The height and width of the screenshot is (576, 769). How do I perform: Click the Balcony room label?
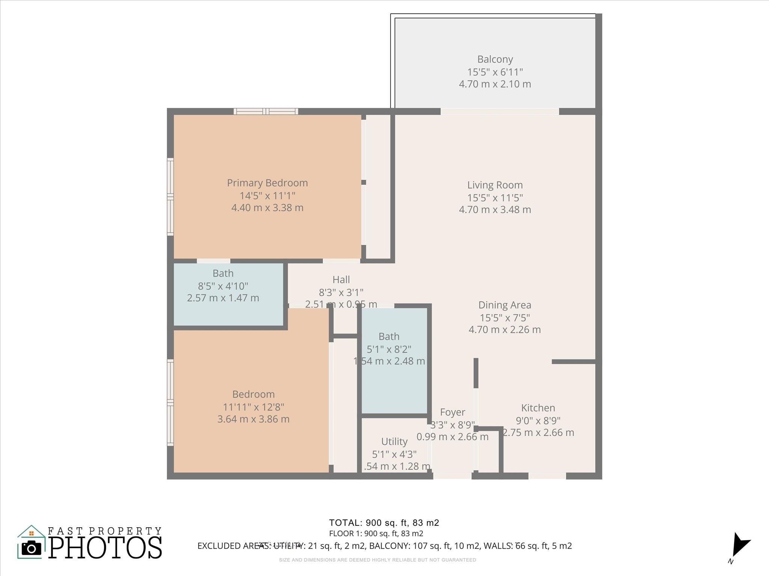[495, 59]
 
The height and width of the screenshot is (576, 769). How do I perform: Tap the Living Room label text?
[495, 185]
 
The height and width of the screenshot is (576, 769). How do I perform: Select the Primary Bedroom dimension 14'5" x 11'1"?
[267, 195]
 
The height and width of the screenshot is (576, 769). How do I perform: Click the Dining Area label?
[505, 305]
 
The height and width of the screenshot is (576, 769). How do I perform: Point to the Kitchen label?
[538, 408]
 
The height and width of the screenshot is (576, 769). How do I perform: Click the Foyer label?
[452, 412]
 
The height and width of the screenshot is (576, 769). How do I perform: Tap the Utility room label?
[394, 441]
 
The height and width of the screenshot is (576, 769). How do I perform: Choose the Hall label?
[341, 279]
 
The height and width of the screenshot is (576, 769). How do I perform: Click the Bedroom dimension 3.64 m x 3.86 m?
[253, 419]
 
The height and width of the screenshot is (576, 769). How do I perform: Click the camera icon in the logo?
[32, 548]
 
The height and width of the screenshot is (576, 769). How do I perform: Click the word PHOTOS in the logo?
[105, 548]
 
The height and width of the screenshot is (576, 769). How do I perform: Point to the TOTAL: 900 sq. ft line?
[384, 523]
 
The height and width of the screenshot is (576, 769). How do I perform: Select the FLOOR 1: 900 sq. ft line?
[376, 534]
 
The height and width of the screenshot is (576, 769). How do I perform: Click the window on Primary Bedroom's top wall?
[266, 111]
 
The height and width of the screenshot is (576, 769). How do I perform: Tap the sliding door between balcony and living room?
[499, 111]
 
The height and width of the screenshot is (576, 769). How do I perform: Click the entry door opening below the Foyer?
[452, 475]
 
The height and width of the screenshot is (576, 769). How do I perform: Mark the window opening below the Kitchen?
[547, 475]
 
